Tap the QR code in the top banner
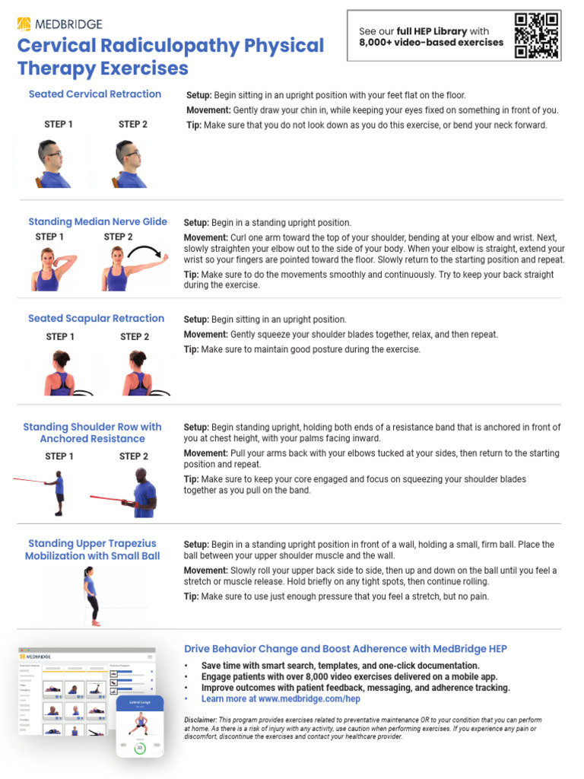click(x=537, y=36)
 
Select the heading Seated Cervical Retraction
click(x=95, y=94)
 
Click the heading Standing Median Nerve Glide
click(x=97, y=222)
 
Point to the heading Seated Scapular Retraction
click(x=96, y=319)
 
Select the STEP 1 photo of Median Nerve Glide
click(x=49, y=269)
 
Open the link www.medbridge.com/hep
click(x=309, y=698)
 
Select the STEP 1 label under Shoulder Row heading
click(x=59, y=456)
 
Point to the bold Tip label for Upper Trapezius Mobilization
click(x=192, y=596)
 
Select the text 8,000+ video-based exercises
click(x=430, y=43)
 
